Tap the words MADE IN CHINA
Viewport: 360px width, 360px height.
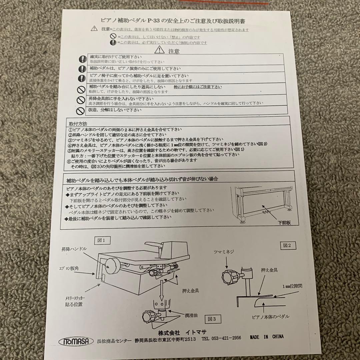267,337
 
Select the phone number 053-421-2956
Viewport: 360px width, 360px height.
221,338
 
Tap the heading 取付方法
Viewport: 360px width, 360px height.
77,123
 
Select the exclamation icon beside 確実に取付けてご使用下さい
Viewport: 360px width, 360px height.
82,59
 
